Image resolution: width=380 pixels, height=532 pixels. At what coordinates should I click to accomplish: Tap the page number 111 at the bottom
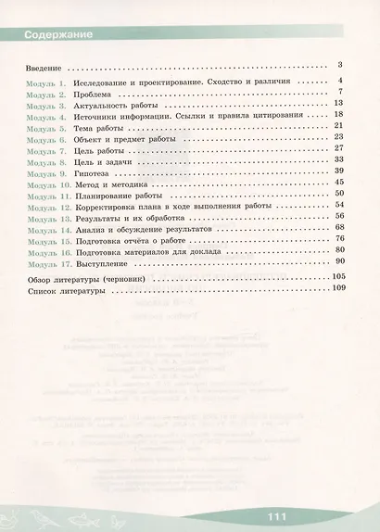[274, 516]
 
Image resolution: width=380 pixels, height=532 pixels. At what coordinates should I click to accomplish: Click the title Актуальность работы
[118, 106]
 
